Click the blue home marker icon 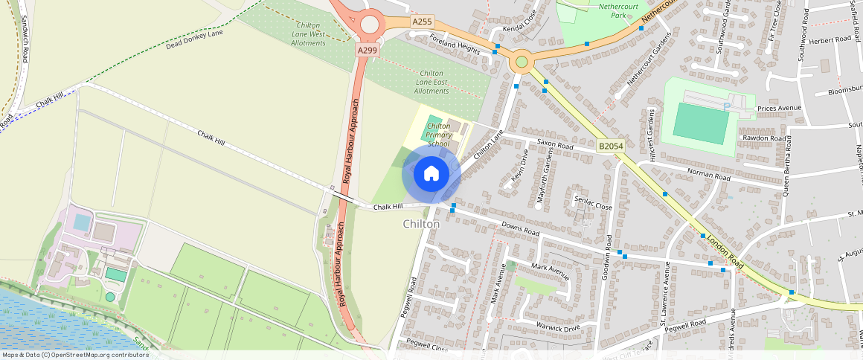[431, 174]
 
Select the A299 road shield [367, 50]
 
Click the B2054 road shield [610, 147]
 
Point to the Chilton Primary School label [439, 135]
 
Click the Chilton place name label [421, 224]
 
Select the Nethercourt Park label [603, 10]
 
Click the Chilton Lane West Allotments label [307, 34]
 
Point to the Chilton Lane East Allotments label [431, 82]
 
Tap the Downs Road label [520, 228]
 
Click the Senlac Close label [593, 205]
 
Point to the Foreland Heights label [458, 45]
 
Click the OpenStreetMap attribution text [74, 355]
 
